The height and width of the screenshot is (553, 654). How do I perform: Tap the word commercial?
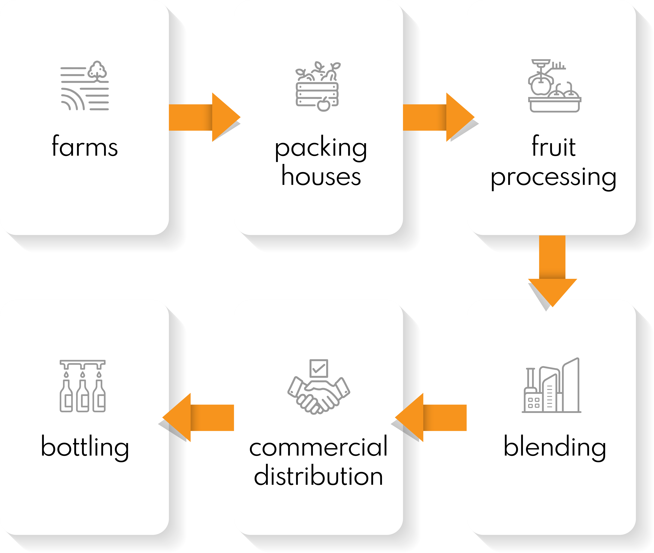point(318,447)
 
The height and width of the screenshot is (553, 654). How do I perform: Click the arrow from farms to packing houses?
point(204,117)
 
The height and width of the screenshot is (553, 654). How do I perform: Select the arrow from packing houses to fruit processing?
point(438,117)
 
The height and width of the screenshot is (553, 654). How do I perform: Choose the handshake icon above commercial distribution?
point(318,395)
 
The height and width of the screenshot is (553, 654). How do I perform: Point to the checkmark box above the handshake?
point(318,368)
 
